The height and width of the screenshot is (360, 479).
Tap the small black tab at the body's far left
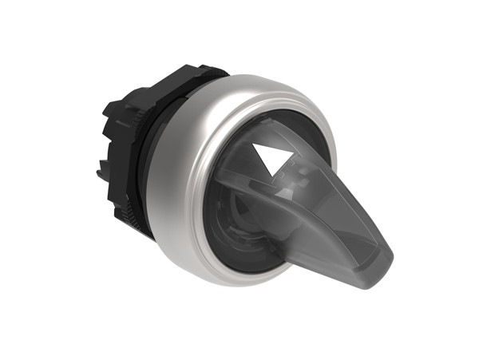pos(101,168)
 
